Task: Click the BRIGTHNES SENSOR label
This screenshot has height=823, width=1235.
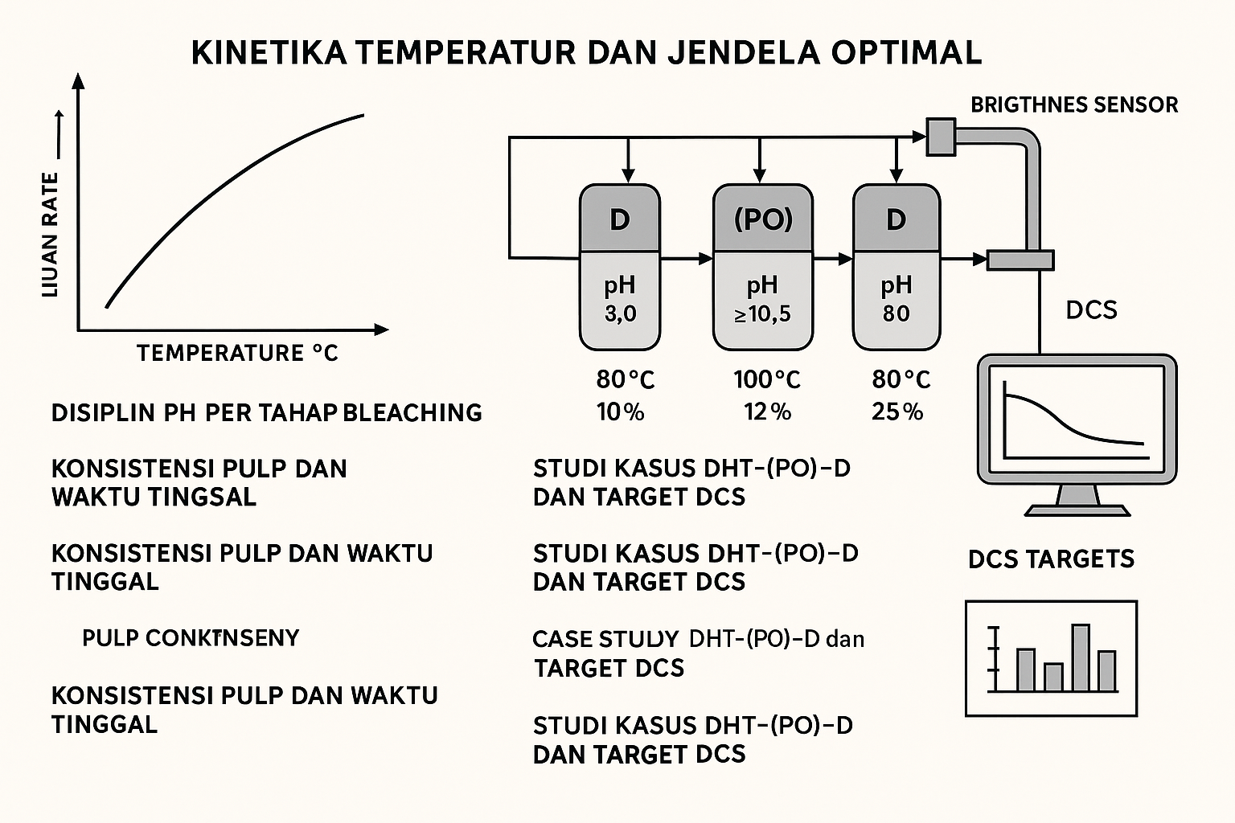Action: (1074, 105)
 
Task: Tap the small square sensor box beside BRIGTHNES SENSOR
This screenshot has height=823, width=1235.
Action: (940, 136)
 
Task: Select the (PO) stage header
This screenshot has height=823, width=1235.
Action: (763, 219)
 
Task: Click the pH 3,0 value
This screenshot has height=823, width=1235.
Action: (620, 313)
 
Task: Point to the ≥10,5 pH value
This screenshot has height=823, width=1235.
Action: (762, 313)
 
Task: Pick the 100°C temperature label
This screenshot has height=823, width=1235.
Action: (766, 379)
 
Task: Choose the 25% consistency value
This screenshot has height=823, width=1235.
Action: (897, 412)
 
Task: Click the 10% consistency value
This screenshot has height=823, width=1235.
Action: (620, 412)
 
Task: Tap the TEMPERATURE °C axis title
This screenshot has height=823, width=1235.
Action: (237, 353)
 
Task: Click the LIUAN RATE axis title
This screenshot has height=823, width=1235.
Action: (50, 235)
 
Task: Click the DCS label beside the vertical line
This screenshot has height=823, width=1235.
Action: (1091, 310)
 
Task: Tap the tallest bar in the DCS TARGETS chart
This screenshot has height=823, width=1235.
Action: (1081, 657)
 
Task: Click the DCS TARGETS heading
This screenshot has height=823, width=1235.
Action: (1051, 559)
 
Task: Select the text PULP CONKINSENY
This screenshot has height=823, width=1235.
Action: (191, 638)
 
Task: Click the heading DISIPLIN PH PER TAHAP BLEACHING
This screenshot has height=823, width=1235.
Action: (266, 413)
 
